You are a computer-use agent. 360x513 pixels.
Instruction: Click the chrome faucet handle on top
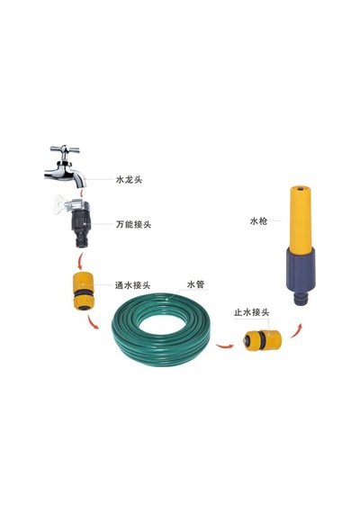click(65, 149)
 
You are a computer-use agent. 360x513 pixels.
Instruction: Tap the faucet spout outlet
click(81, 184)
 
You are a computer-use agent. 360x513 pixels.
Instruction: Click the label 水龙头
click(129, 180)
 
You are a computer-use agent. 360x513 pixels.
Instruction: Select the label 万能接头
click(133, 224)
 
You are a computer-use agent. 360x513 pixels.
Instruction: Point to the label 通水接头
click(132, 285)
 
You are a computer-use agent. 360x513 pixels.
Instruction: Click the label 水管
click(195, 284)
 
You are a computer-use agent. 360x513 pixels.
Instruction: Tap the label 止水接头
click(252, 312)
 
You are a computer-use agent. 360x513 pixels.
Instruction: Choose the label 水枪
click(258, 221)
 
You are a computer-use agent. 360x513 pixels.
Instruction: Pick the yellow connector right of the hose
click(263, 340)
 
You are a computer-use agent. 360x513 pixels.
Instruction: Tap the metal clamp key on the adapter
click(61, 204)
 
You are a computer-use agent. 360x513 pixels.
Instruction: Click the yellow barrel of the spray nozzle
click(301, 218)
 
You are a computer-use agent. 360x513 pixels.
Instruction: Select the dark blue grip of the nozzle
click(301, 274)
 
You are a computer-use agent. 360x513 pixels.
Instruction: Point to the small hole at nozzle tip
click(301, 189)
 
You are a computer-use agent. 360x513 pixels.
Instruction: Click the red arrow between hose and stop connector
click(224, 346)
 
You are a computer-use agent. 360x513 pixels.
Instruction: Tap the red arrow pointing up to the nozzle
click(296, 330)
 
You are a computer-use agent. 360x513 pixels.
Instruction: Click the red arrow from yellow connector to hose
click(92, 322)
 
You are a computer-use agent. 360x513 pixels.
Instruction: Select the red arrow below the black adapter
click(79, 261)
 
